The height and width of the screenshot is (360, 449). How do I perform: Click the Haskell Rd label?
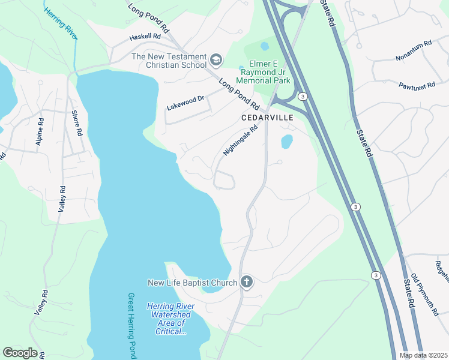[145, 37]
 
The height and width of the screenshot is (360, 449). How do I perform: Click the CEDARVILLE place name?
[267, 118]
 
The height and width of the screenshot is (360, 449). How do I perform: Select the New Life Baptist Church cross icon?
[246, 282]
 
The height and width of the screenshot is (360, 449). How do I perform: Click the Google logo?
[20, 353]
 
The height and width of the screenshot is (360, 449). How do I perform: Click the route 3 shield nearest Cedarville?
[304, 97]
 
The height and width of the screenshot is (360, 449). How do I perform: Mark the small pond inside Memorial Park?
[265, 46]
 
